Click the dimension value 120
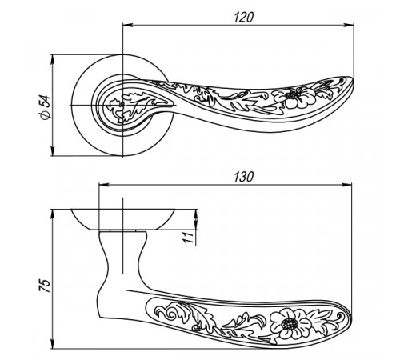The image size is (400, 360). coord(243,18)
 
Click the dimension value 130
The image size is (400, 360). coord(243,177)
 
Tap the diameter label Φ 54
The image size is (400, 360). coord(45,107)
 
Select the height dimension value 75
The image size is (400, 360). coord(45,286)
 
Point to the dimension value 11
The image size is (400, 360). coord(188,238)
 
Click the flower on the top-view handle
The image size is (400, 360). coord(294,98)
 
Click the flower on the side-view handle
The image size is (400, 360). coord(290,324)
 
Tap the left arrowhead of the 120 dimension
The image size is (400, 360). coord(127,26)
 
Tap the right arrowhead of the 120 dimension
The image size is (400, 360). coord(349,26)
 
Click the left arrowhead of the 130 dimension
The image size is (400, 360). coord(104,185)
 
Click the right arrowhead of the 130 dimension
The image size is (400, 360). coord(346,185)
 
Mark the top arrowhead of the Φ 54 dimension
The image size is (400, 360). coord(53,60)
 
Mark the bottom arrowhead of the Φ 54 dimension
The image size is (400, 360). coord(53,151)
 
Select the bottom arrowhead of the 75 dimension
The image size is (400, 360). coord(53,343)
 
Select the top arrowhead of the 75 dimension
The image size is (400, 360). coord(53,214)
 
